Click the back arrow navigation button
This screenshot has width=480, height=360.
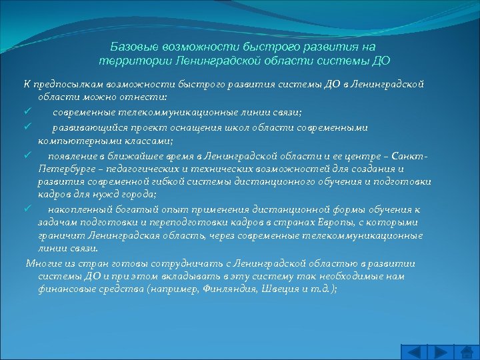[x=414, y=351]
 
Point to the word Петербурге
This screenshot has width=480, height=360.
[x=64, y=168]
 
